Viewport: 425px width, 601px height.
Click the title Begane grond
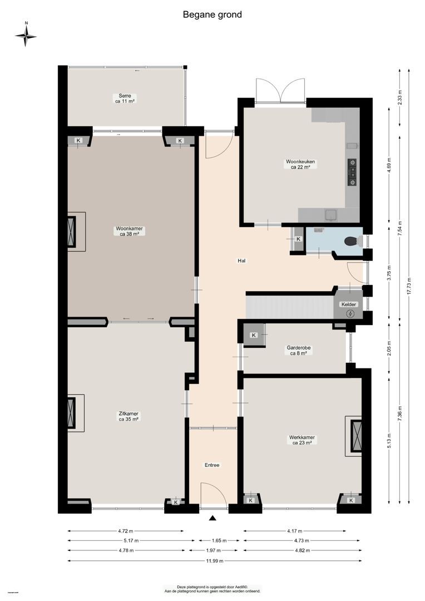212,15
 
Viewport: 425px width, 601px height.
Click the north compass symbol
26,36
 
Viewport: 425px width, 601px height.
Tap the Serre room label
125,98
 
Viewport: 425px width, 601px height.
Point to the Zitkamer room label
129,416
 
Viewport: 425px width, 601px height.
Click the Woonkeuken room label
300,164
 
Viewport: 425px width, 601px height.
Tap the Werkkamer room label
302,440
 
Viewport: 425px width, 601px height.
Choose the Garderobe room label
299,350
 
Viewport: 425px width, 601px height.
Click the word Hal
241,260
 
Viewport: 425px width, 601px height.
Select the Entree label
212,465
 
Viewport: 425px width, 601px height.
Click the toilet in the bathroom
352,241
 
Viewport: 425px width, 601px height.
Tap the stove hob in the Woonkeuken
352,172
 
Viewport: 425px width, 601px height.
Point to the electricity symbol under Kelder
350,313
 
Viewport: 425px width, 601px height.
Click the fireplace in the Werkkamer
355,435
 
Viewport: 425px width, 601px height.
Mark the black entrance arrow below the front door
212,519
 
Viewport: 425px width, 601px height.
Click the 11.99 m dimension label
213,561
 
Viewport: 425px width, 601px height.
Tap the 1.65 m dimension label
213,540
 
